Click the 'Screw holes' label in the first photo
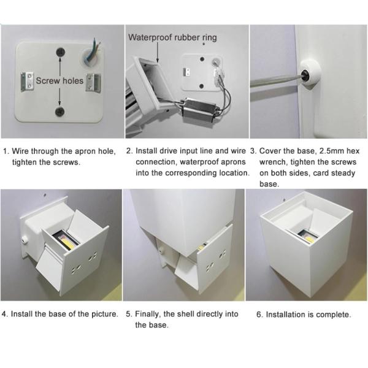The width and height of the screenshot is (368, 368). click(x=59, y=81)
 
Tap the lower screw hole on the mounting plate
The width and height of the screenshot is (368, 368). click(x=59, y=111)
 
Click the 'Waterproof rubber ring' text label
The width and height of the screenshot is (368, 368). click(x=172, y=37)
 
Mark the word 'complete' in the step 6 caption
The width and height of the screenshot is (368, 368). click(x=332, y=315)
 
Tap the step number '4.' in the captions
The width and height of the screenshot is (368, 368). click(x=6, y=314)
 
